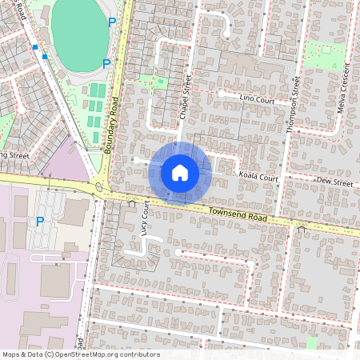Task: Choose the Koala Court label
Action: pos(258,176)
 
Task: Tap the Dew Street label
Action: pos(334,183)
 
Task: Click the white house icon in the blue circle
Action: pos(180,172)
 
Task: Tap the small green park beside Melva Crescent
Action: pos(324,54)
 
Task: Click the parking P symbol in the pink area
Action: pos(38,221)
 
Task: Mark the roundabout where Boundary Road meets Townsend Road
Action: pos(99,189)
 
